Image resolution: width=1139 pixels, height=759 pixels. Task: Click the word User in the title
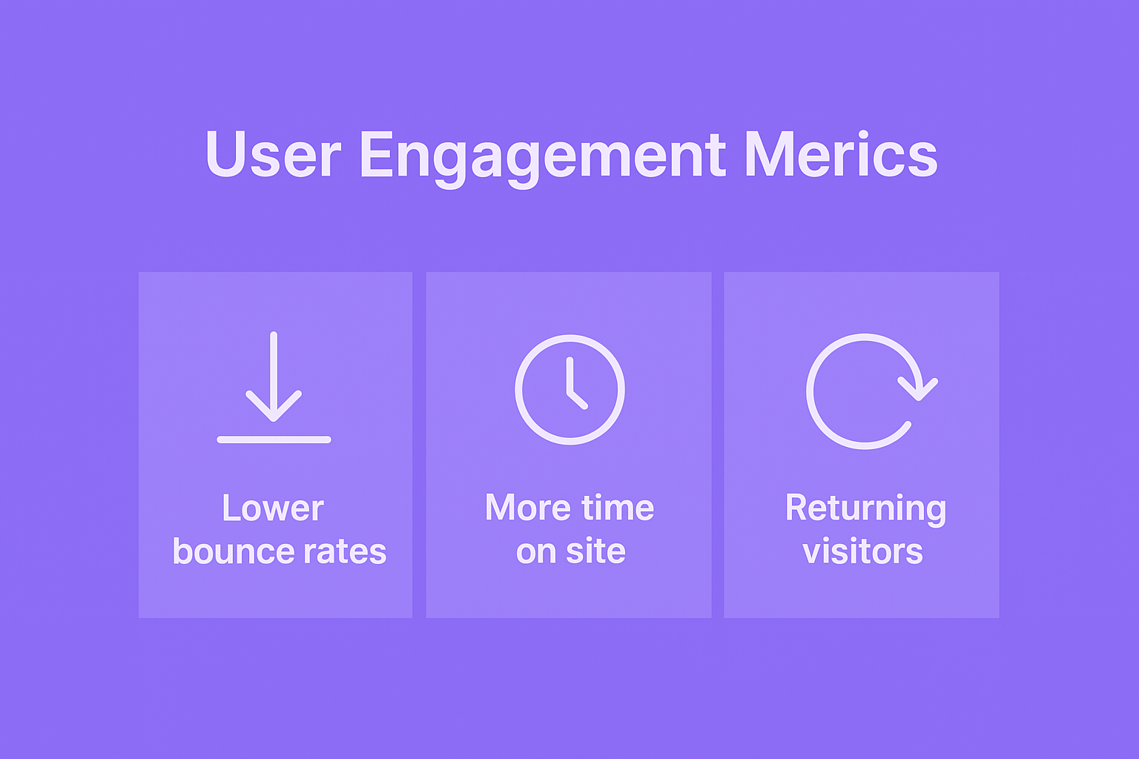(273, 154)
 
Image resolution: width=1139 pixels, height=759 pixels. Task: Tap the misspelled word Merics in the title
(841, 153)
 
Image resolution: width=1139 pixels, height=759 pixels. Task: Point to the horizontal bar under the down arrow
(274, 440)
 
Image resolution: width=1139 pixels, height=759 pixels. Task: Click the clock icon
(570, 389)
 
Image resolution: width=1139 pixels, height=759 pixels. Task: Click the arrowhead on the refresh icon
(918, 390)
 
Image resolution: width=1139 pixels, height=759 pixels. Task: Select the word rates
(345, 551)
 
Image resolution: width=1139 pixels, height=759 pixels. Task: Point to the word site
(595, 551)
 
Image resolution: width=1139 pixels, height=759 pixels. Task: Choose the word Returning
(865, 509)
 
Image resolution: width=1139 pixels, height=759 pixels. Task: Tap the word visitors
(863, 551)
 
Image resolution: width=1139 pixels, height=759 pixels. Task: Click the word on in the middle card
(536, 553)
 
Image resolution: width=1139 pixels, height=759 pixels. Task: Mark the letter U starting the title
(225, 154)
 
